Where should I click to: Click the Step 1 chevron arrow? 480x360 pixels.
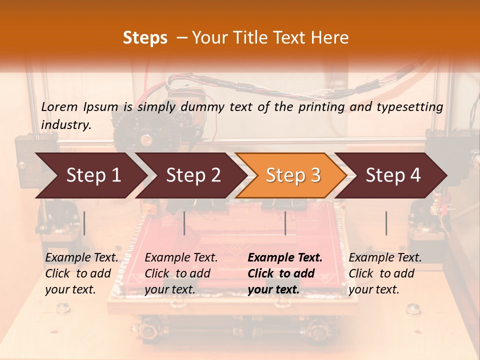pos(93,175)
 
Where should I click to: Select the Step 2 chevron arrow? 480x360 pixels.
pos(193,175)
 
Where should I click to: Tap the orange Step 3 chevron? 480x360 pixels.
pos(293,175)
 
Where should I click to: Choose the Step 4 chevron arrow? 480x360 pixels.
pos(393,175)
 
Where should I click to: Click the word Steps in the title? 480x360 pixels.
pos(145,38)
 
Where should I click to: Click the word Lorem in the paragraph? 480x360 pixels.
pos(59,107)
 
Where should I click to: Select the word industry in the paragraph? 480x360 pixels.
pos(66,124)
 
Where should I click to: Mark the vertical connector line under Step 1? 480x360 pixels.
pos(84,223)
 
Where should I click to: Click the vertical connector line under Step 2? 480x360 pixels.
pos(184,223)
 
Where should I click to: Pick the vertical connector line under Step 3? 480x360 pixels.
pos(285,223)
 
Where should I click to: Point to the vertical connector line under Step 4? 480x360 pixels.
pos(386,223)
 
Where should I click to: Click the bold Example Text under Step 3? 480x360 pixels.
pos(285,258)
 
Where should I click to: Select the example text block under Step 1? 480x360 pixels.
pos(81,273)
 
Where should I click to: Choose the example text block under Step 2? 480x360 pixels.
pos(181,273)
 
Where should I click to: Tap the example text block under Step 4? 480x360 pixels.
pos(385,273)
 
